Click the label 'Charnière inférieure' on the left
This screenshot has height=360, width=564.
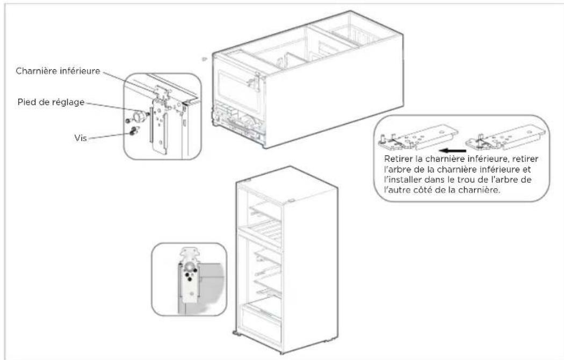coord(58,71)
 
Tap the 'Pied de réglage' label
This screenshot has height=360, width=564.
coord(51,102)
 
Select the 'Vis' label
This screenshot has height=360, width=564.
coord(81,138)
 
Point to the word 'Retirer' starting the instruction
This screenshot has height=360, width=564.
coord(398,159)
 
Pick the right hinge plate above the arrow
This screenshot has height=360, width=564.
coord(505,138)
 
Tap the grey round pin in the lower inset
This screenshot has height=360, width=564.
coord(190,267)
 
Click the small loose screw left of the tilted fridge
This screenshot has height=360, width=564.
coord(204,59)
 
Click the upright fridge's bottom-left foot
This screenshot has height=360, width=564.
coord(237,334)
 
